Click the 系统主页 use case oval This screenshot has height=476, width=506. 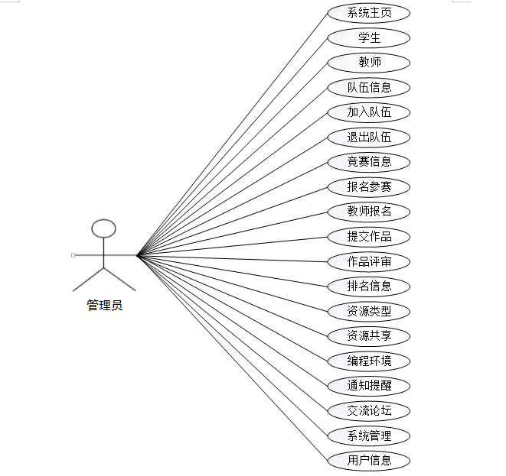[369, 13]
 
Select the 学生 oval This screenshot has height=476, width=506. [369, 37]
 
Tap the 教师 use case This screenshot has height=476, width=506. [369, 63]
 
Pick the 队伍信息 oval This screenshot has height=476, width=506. [369, 87]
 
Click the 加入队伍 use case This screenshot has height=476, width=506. [369, 112]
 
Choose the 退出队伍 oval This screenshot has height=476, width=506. [369, 138]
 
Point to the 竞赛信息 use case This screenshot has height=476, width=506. [369, 162]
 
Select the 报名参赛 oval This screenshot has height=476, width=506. [369, 186]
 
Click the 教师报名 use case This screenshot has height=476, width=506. [369, 212]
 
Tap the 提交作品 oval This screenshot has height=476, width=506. [369, 236]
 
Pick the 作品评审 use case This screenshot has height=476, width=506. [369, 261]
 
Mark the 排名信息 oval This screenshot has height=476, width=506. [369, 287]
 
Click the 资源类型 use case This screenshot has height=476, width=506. [369, 311]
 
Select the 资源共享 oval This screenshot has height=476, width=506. [369, 335]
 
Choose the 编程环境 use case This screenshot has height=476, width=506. [369, 361]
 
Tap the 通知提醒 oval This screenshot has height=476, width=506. [369, 386]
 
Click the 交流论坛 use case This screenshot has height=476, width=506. [369, 410]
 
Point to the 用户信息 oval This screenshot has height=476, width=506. [369, 460]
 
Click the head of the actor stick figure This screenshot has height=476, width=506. [104, 228]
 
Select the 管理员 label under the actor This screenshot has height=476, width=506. [104, 306]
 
